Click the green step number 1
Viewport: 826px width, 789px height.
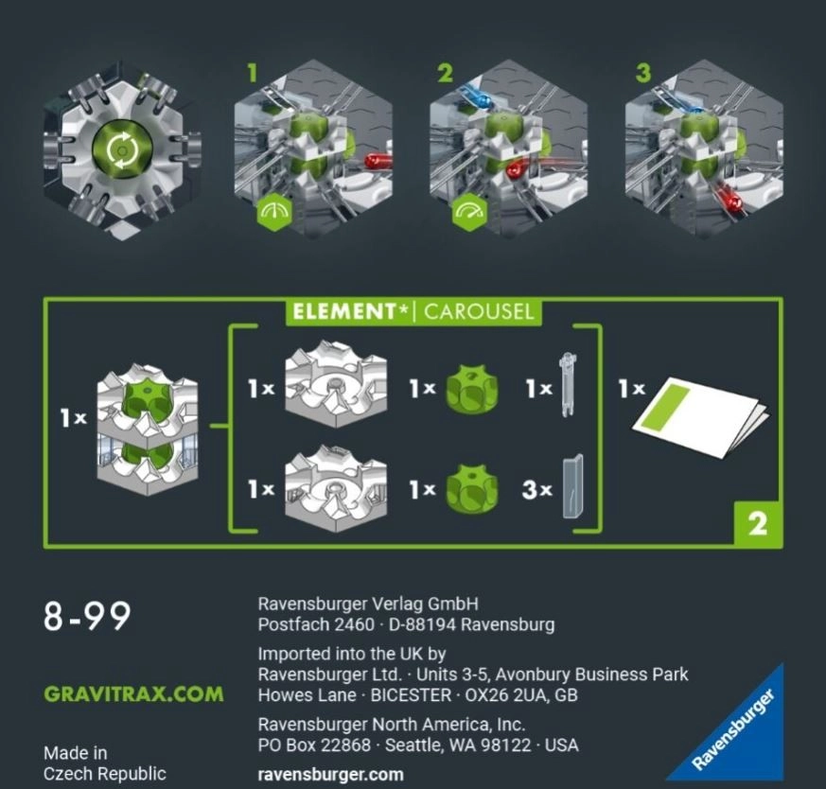pyautogui.click(x=253, y=73)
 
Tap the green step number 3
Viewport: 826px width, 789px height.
pyautogui.click(x=642, y=73)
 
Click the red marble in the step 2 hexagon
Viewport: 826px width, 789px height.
pyautogui.click(x=515, y=169)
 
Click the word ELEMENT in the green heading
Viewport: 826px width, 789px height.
pyautogui.click(x=343, y=312)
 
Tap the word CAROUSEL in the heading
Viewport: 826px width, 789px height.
pyautogui.click(x=479, y=312)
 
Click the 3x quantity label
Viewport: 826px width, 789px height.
pyautogui.click(x=536, y=490)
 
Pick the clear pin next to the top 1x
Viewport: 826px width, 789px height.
pyautogui.click(x=568, y=384)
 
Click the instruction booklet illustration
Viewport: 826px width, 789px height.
pyautogui.click(x=700, y=416)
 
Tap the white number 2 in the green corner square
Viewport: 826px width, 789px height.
pyautogui.click(x=758, y=524)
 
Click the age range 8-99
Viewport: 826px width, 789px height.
pyautogui.click(x=87, y=616)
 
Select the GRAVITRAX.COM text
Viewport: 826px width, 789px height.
pyautogui.click(x=133, y=693)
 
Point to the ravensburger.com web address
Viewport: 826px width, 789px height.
pyautogui.click(x=331, y=774)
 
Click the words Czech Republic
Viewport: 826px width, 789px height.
pyautogui.click(x=105, y=774)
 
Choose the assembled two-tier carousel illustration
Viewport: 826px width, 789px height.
pyautogui.click(x=148, y=430)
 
